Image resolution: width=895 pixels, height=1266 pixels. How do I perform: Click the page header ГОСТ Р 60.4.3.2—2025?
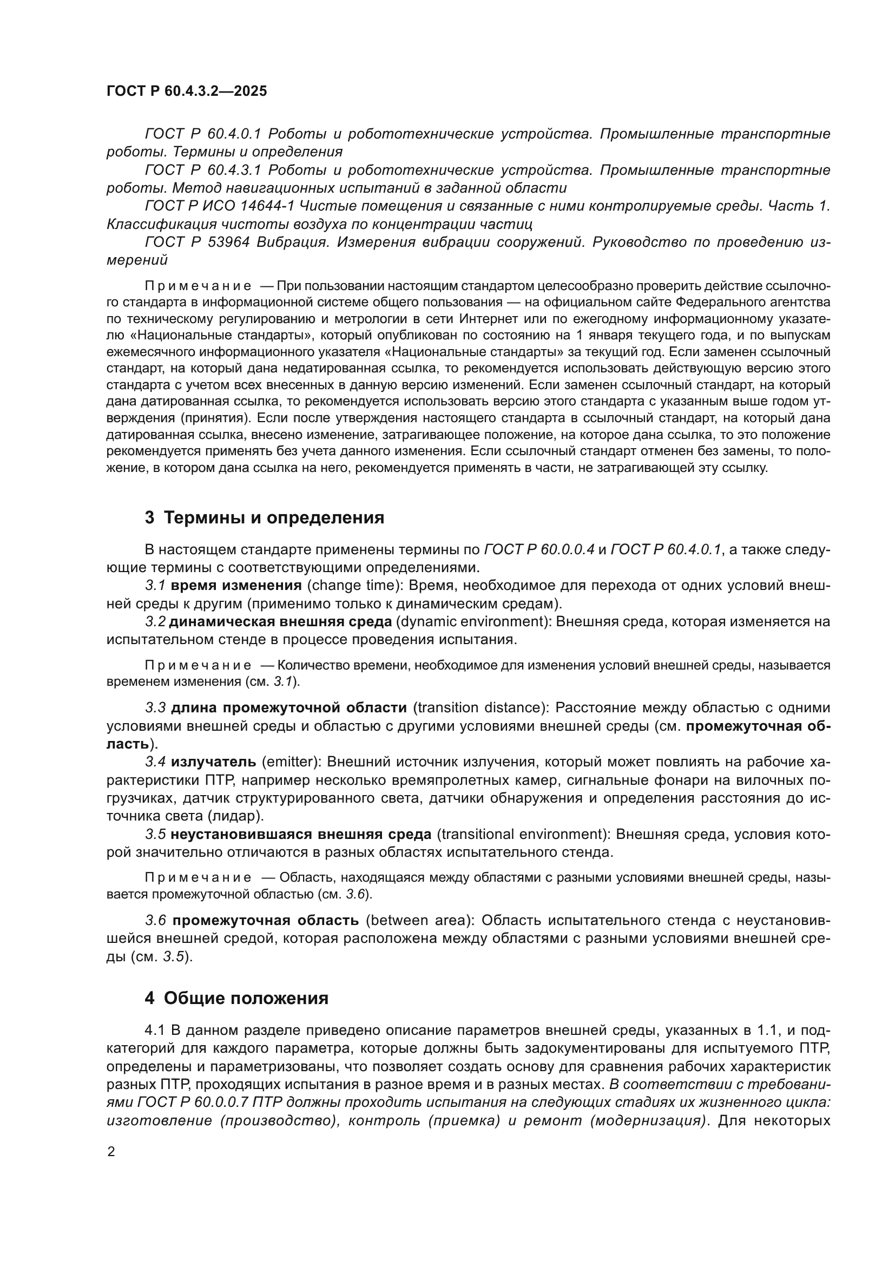(x=186, y=91)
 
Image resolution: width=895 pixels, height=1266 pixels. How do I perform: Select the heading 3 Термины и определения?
(x=265, y=518)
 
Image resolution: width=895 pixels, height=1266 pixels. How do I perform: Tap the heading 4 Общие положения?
(x=237, y=998)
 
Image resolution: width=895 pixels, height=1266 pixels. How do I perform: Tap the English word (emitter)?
(x=291, y=762)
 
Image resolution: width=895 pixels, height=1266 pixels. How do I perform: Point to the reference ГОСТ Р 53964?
(x=199, y=242)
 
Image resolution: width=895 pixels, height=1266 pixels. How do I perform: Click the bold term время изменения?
(x=236, y=586)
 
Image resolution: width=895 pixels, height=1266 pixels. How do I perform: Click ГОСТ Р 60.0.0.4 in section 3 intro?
(x=539, y=549)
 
